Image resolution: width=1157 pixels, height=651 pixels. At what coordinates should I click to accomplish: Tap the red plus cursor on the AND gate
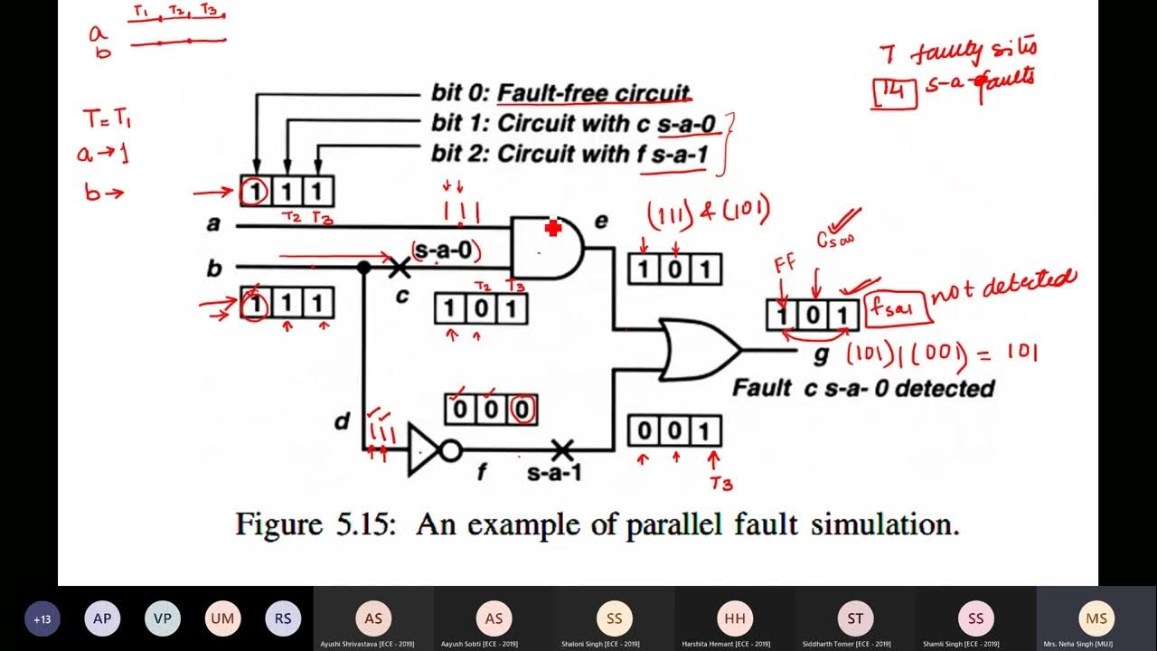click(553, 229)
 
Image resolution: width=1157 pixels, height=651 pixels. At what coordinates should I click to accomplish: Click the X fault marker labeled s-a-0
click(399, 267)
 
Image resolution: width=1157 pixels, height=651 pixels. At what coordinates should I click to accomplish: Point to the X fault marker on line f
click(562, 448)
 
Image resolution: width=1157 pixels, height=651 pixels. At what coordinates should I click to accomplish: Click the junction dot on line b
click(363, 267)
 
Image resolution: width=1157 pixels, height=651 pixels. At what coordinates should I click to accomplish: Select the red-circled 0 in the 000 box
click(522, 410)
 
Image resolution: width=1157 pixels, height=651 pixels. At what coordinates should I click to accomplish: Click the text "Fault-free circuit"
click(594, 93)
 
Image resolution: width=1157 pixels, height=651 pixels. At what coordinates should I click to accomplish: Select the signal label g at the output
click(821, 354)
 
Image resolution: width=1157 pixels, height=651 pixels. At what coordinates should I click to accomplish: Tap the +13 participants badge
click(42, 619)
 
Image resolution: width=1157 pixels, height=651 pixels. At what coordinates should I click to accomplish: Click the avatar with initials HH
click(735, 618)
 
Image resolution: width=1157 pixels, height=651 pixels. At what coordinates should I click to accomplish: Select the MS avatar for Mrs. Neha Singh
click(1096, 618)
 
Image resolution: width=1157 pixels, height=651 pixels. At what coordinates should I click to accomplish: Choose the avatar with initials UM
click(222, 619)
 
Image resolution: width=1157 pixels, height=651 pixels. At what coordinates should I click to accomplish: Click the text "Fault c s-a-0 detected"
click(862, 388)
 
